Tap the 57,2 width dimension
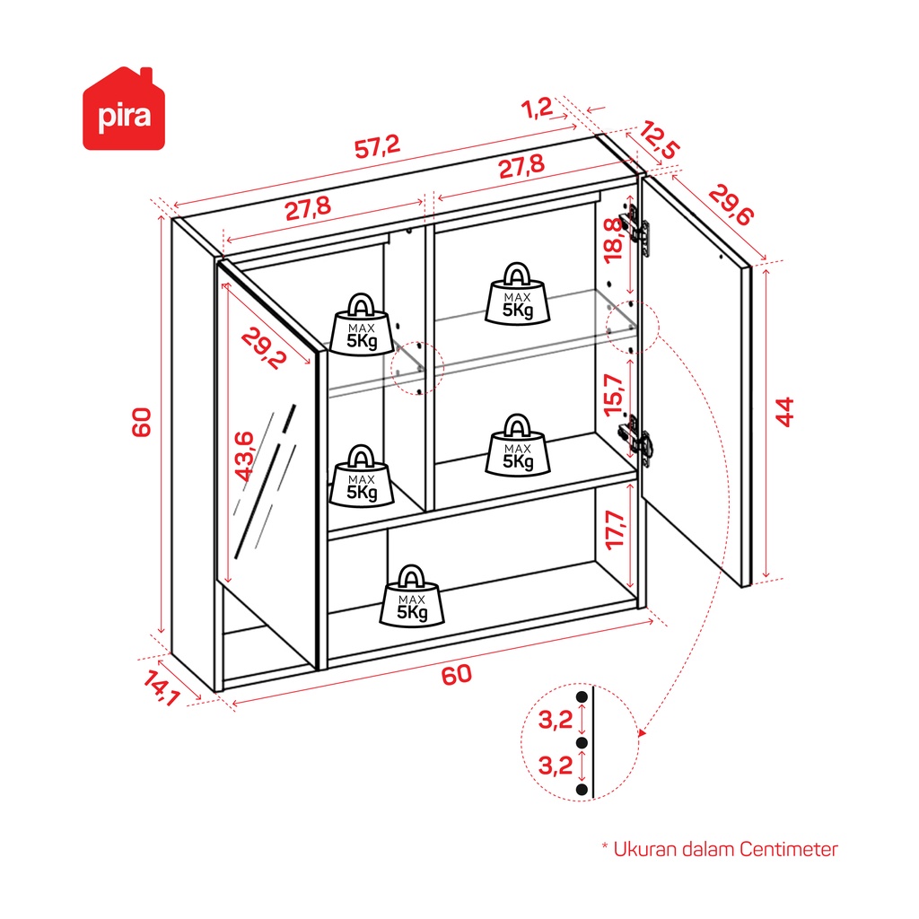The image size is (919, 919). [x=377, y=148]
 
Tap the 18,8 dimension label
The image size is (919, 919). [x=612, y=240]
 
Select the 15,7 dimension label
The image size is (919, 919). [x=613, y=395]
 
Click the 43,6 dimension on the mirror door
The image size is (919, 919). [x=243, y=457]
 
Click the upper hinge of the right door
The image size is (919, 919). [x=638, y=225]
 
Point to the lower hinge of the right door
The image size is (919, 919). [x=636, y=437]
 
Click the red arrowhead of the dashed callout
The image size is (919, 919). [x=641, y=732]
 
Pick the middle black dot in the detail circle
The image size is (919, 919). [x=582, y=743]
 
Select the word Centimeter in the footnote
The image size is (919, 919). [x=789, y=849]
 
